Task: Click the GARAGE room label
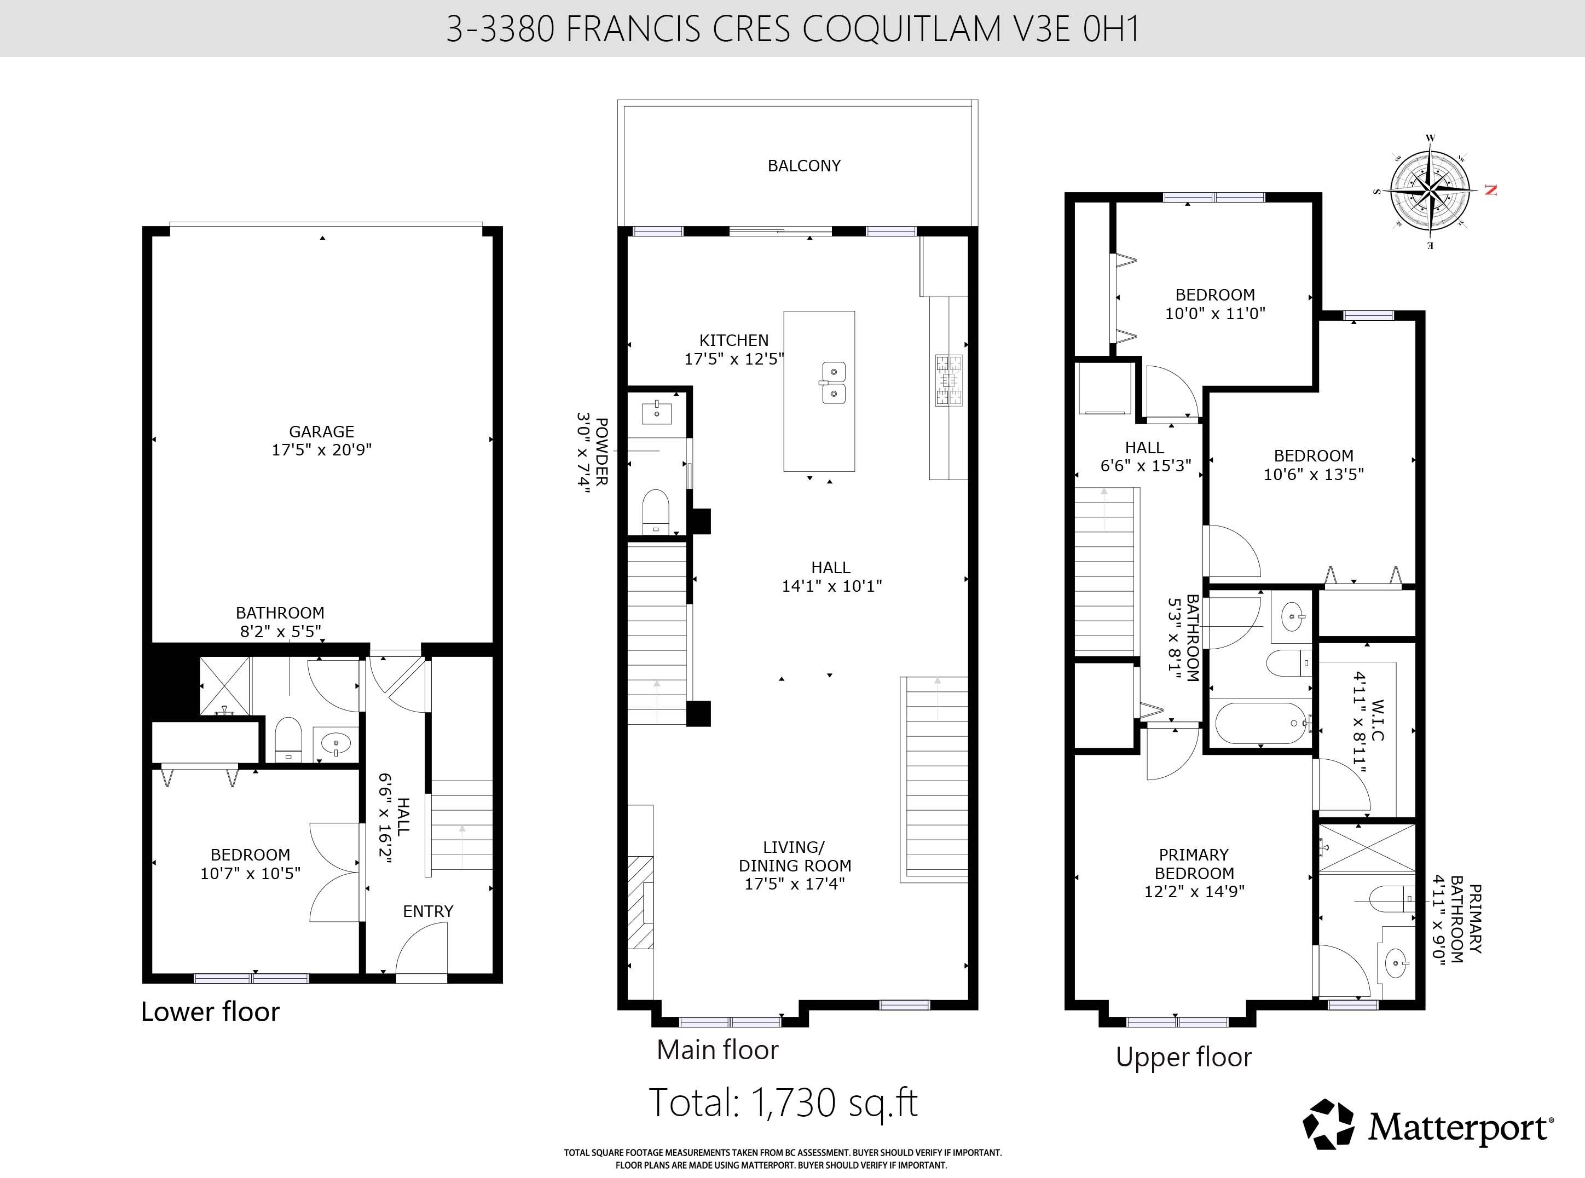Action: (x=322, y=431)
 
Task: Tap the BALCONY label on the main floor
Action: (x=803, y=165)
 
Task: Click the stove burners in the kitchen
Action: (x=948, y=380)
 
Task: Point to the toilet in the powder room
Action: (x=656, y=511)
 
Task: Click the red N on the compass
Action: (x=1490, y=190)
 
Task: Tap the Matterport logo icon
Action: (x=1328, y=1124)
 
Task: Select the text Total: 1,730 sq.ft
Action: (x=783, y=1102)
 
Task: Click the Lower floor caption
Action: (x=210, y=1012)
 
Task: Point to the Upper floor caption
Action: (x=1184, y=1058)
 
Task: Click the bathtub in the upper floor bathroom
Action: (x=1262, y=723)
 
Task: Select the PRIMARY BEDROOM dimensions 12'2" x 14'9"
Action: (x=1194, y=891)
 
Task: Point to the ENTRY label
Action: (x=428, y=911)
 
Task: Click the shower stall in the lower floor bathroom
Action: (x=224, y=686)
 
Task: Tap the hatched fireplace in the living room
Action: (x=640, y=902)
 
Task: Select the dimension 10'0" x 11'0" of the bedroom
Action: (x=1215, y=313)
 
